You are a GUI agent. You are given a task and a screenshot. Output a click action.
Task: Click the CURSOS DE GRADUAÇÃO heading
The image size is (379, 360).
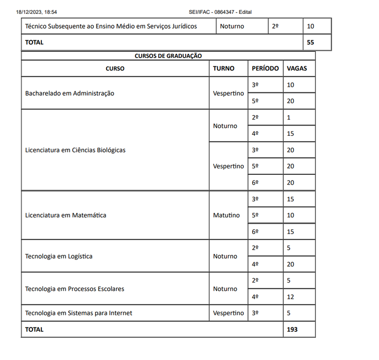coord(168,56)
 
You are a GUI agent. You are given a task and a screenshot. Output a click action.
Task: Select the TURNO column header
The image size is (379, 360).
coord(224,69)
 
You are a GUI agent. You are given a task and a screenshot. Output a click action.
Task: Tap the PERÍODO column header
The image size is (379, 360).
coord(265,69)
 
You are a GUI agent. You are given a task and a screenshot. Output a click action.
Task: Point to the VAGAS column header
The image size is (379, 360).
coord(297,69)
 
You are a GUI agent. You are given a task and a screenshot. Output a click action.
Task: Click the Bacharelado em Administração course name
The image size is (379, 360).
coord(70,93)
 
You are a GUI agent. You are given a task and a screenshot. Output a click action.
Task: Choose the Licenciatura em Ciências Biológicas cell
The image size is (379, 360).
coord(75,150)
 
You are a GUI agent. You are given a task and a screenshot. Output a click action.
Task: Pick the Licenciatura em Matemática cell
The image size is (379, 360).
coord(66,215)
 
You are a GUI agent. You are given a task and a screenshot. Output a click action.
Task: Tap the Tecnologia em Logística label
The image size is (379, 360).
coord(59,256)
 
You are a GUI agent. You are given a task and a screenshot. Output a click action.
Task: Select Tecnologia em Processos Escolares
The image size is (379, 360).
coord(75,289)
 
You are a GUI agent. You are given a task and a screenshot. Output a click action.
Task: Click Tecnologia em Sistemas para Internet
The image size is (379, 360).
coord(78,313)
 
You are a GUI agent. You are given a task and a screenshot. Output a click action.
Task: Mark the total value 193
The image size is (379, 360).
coord(292,329)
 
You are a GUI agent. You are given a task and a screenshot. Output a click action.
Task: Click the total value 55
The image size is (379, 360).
coord(310,42)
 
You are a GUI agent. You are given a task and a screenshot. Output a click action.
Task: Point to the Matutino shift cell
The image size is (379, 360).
coord(227,215)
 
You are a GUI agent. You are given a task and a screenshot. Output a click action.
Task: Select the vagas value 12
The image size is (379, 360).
coord(290,297)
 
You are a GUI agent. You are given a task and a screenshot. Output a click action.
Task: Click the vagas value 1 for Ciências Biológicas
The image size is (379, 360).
coord(289,118)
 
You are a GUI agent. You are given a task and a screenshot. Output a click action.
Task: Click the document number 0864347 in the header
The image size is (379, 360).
coord(224,12)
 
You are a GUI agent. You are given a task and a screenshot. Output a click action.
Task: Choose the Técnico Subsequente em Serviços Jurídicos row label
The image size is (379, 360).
coord(111,26)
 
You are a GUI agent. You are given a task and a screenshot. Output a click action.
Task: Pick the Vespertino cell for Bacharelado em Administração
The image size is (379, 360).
coord(228,93)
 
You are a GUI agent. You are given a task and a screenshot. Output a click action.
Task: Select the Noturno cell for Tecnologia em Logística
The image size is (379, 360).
coord(225,256)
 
